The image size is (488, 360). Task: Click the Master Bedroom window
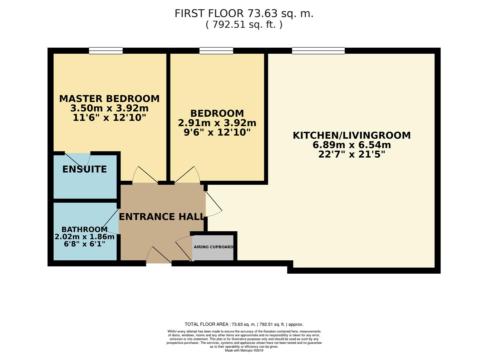click(106, 51)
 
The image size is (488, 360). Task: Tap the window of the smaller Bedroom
click(216, 51)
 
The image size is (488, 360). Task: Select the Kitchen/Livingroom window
click(318, 51)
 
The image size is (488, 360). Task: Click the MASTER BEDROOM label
click(109, 99)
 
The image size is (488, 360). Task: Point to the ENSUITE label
click(85, 169)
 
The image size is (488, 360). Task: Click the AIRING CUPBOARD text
click(214, 247)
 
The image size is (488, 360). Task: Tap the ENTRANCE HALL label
click(162, 217)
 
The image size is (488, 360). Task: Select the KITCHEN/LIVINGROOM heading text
click(351, 135)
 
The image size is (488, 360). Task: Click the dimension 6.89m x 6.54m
click(351, 145)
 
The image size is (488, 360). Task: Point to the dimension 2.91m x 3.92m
click(217, 123)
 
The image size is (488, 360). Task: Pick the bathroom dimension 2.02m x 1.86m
click(85, 237)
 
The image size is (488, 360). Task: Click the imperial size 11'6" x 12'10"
click(109, 118)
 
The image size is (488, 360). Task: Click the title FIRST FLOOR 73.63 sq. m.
click(244, 14)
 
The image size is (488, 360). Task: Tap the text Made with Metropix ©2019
click(244, 350)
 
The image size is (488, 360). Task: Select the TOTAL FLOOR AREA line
click(244, 324)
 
